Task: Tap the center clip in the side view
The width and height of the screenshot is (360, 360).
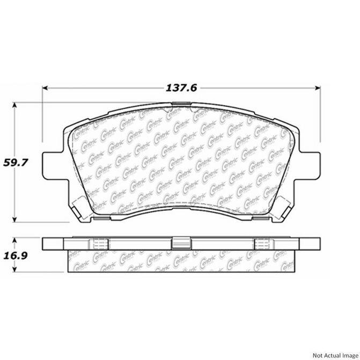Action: (181, 243)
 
